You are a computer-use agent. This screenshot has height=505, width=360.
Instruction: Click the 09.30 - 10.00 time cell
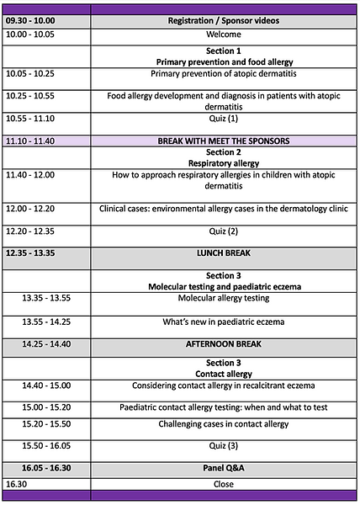tap(29, 20)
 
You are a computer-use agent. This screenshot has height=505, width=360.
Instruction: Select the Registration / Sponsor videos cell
tap(223, 20)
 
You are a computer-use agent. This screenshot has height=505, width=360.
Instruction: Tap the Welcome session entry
tap(223, 35)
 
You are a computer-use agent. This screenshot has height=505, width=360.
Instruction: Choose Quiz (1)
tap(223, 119)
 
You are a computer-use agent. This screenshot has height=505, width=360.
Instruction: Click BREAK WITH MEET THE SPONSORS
tap(223, 141)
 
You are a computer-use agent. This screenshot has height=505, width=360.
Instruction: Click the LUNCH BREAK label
tap(223, 252)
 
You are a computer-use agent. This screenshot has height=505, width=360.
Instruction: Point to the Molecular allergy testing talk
tap(223, 298)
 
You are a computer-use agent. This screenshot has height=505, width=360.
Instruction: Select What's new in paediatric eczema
tap(223, 322)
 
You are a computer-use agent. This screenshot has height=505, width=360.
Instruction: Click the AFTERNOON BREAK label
tap(223, 343)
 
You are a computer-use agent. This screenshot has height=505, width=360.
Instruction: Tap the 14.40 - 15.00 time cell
tap(48, 385)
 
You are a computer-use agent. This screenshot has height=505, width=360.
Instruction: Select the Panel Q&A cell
tap(223, 468)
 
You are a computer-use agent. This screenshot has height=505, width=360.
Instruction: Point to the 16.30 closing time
tap(17, 484)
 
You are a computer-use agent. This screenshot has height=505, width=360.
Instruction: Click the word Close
tap(223, 484)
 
